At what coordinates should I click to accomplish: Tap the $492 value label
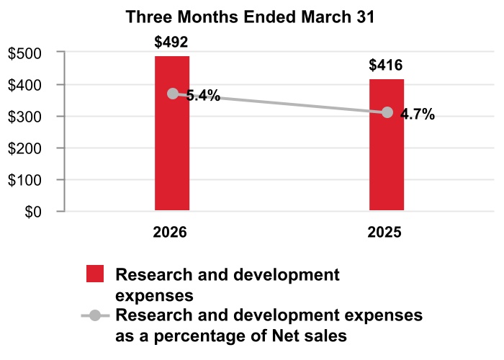pos(171,42)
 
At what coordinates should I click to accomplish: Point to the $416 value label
pos(387,66)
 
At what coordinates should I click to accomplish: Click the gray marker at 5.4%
pos(173,94)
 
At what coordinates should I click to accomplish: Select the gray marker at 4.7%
pos(387,112)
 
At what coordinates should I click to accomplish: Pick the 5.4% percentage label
pos(203,95)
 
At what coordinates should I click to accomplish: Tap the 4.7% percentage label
pos(418,114)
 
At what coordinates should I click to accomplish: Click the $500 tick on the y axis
pos(26,53)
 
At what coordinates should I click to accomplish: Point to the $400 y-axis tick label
pos(26,85)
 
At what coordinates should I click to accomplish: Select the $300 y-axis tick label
pos(26,117)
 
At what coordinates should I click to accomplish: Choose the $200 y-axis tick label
pos(26,148)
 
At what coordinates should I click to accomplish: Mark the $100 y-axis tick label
pos(26,180)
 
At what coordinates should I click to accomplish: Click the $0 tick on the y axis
pos(33,212)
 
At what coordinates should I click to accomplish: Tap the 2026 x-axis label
pos(171,233)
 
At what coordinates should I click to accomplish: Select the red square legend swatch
pos(95,274)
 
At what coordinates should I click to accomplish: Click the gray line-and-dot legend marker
pos(94,316)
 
